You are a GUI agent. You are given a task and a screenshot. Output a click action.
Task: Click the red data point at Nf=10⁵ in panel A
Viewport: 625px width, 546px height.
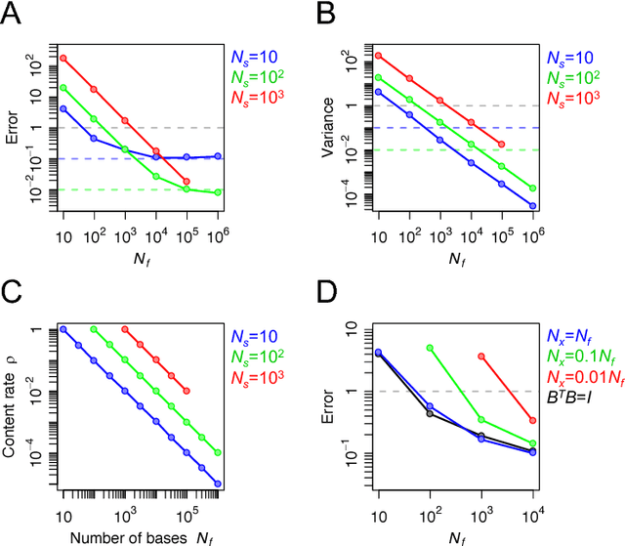click(187, 182)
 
